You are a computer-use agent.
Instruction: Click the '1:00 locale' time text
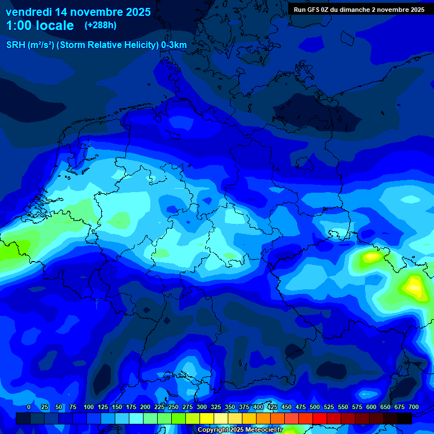click(40, 25)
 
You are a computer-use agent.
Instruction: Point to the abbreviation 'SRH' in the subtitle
click(16, 45)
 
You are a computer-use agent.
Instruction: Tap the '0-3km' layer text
click(174, 45)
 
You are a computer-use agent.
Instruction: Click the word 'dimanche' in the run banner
click(368, 10)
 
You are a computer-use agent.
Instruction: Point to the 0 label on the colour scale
click(29, 407)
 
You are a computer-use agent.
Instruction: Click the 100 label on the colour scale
click(89, 407)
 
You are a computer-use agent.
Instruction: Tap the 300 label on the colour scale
click(202, 407)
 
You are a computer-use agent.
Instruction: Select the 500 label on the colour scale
click(315, 407)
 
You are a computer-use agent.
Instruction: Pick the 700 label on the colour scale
click(414, 407)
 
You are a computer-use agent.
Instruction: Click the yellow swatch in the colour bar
click(207, 418)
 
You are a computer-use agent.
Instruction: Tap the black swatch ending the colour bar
click(405, 418)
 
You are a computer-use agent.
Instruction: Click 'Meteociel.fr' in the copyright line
click(265, 430)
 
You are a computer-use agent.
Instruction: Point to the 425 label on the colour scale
click(272, 407)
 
